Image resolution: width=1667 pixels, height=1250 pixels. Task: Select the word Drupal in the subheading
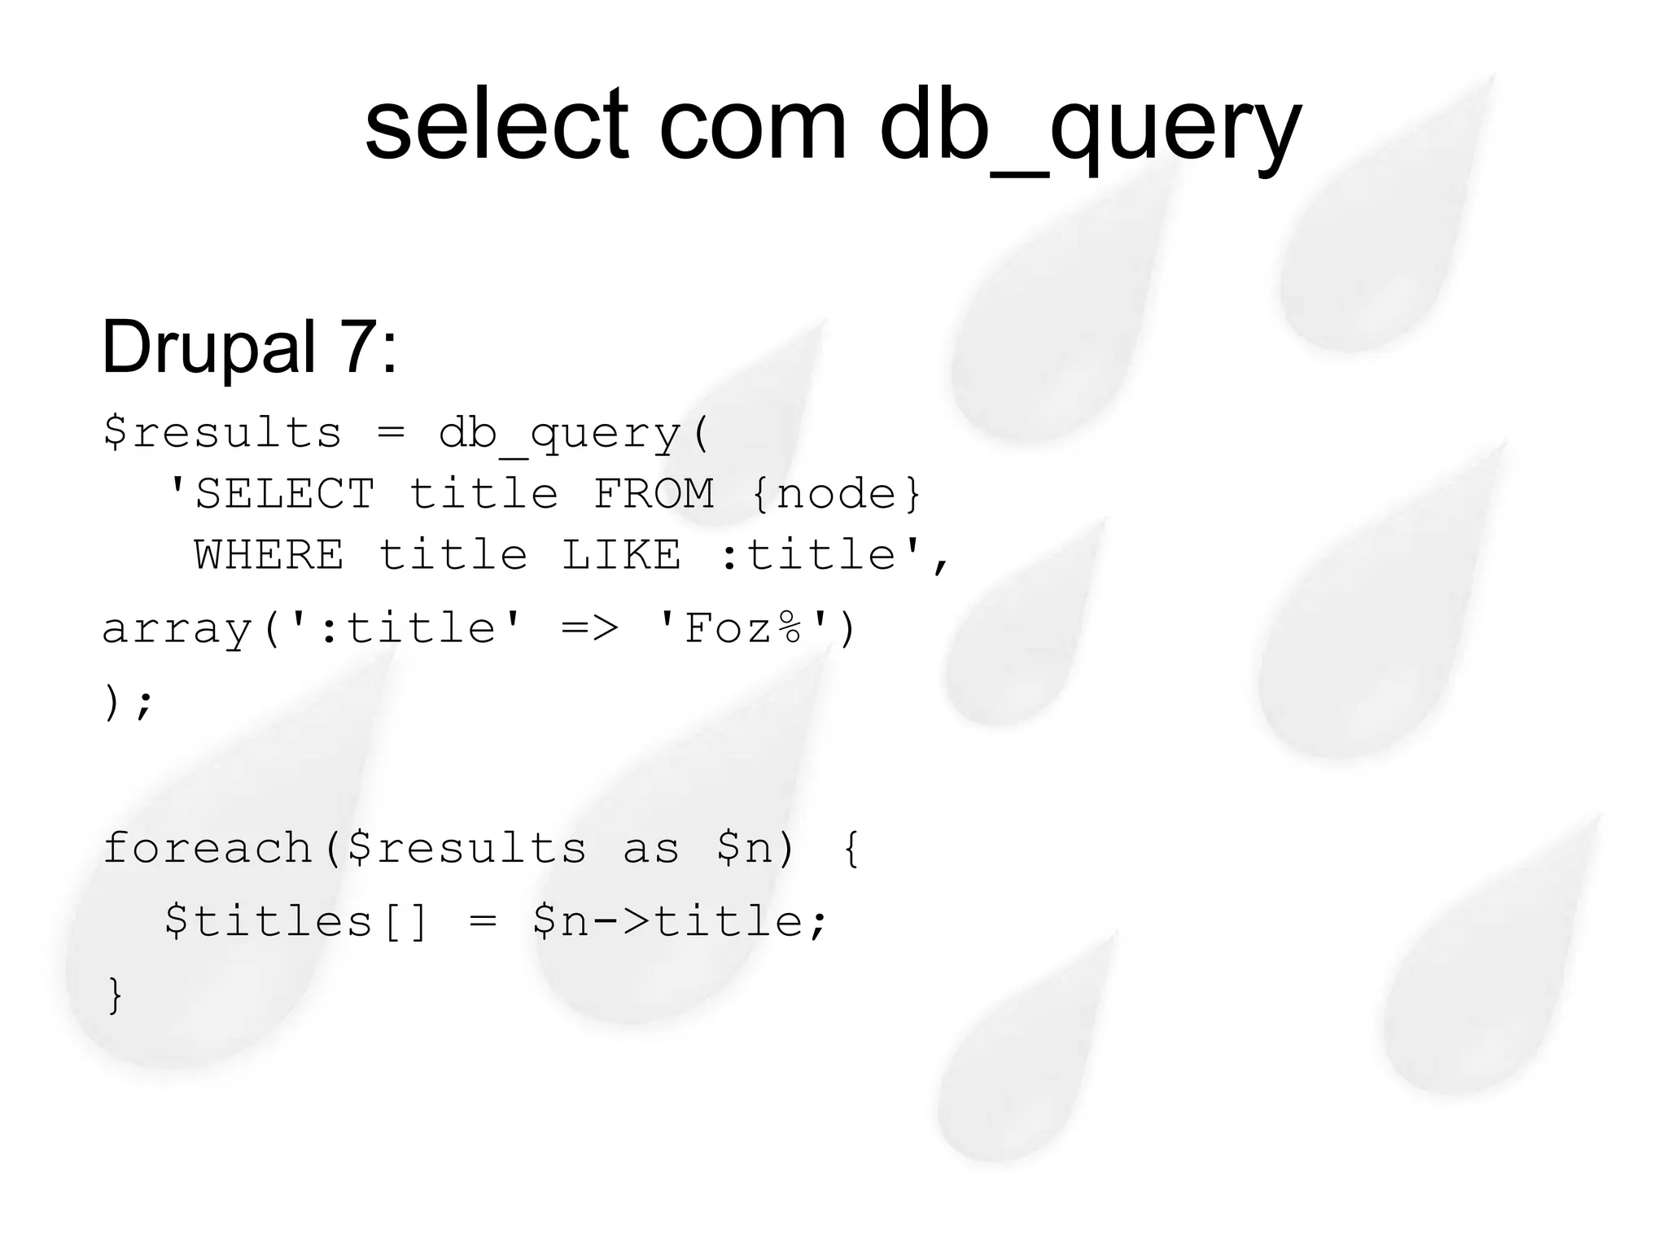(x=208, y=348)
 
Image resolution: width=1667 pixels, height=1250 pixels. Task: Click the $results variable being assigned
(x=221, y=432)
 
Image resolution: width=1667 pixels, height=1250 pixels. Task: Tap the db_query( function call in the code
(x=574, y=434)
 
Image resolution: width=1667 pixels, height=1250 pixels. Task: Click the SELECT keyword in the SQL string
(x=284, y=494)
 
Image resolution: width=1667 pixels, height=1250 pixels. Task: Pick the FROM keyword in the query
(x=654, y=494)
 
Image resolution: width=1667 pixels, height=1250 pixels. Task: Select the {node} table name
(x=836, y=494)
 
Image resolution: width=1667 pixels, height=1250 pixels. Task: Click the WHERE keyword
(x=269, y=555)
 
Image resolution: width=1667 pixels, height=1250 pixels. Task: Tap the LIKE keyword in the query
(x=622, y=555)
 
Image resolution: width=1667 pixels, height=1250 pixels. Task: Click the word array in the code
(x=177, y=629)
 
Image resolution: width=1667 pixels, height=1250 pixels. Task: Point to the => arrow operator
(x=590, y=628)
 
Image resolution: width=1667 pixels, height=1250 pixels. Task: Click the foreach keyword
(x=208, y=848)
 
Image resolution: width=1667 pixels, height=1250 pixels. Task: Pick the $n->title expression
(x=680, y=922)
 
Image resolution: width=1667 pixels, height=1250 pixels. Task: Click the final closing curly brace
(x=115, y=994)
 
